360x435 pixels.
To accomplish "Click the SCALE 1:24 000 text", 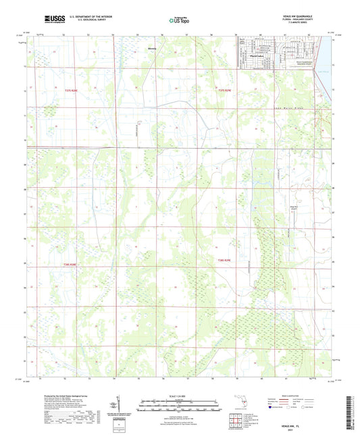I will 179,395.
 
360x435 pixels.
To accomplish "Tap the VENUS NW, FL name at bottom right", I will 310,419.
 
